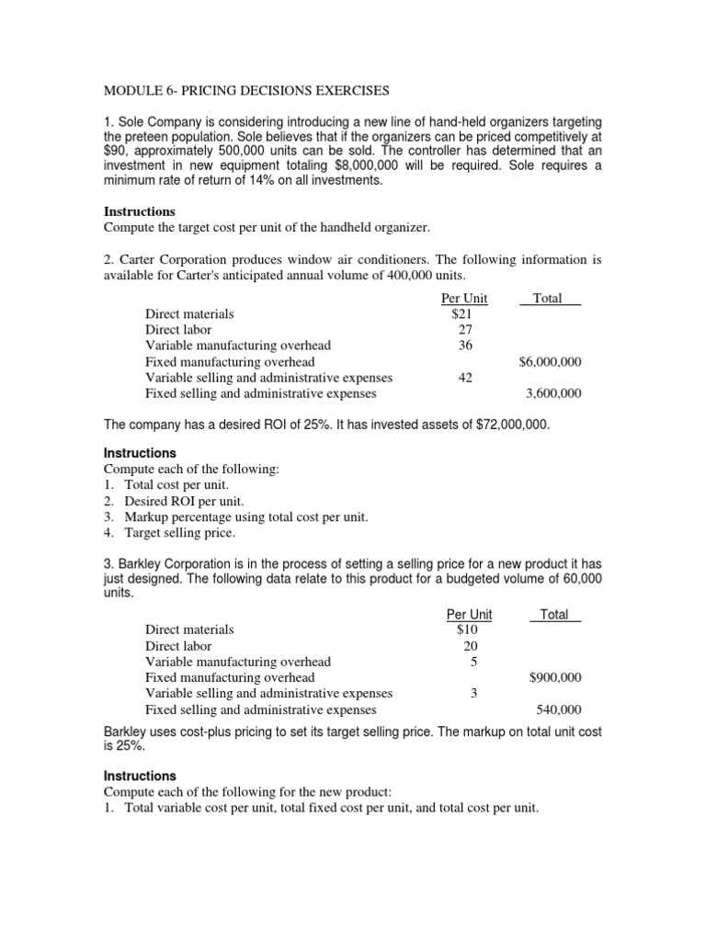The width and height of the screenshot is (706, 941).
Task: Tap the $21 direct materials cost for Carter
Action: pos(462,313)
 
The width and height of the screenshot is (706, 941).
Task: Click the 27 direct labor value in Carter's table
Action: pos(465,329)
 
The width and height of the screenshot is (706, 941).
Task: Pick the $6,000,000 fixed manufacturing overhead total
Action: pos(550,361)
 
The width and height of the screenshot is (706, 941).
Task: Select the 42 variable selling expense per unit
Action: pos(465,378)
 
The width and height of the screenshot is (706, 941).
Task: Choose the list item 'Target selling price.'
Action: pos(180,532)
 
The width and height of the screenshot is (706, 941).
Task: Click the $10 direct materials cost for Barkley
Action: pos(467,629)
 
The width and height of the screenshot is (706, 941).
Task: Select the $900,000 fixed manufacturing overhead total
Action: pos(555,677)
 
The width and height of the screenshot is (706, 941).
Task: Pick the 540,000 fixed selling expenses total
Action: pos(558,709)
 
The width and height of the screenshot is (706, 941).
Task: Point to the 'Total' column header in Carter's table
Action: pos(548,298)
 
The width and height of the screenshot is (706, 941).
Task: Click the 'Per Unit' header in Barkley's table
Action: pos(468,614)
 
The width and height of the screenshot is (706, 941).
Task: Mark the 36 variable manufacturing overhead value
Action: pos(465,346)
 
